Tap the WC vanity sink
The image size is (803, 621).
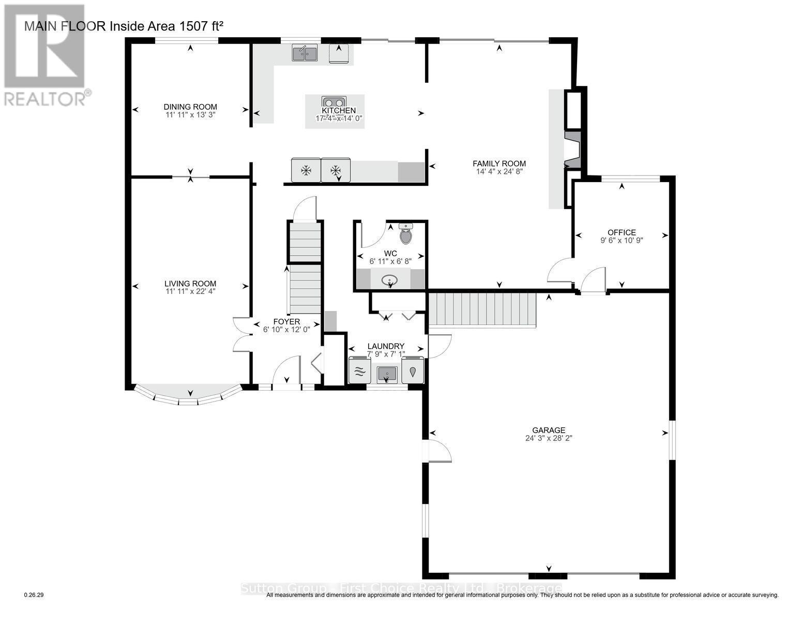(390, 280)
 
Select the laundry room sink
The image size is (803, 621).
(387, 373)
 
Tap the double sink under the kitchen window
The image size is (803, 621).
(305, 53)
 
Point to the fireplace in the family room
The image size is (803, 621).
(573, 150)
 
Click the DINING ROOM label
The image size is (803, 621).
(190, 107)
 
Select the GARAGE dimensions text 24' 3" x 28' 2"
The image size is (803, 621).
(549, 438)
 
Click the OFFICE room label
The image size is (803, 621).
(622, 232)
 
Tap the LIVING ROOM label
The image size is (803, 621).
(190, 284)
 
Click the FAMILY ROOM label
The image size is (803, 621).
(499, 164)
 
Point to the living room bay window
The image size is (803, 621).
(188, 395)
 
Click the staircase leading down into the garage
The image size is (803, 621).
(482, 309)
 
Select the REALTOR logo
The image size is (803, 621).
(46, 55)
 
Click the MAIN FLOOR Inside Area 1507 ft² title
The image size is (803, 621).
(124, 26)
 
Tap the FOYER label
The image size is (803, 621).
(286, 321)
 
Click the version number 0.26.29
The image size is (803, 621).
(34, 595)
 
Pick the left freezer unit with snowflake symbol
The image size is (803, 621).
(306, 170)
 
